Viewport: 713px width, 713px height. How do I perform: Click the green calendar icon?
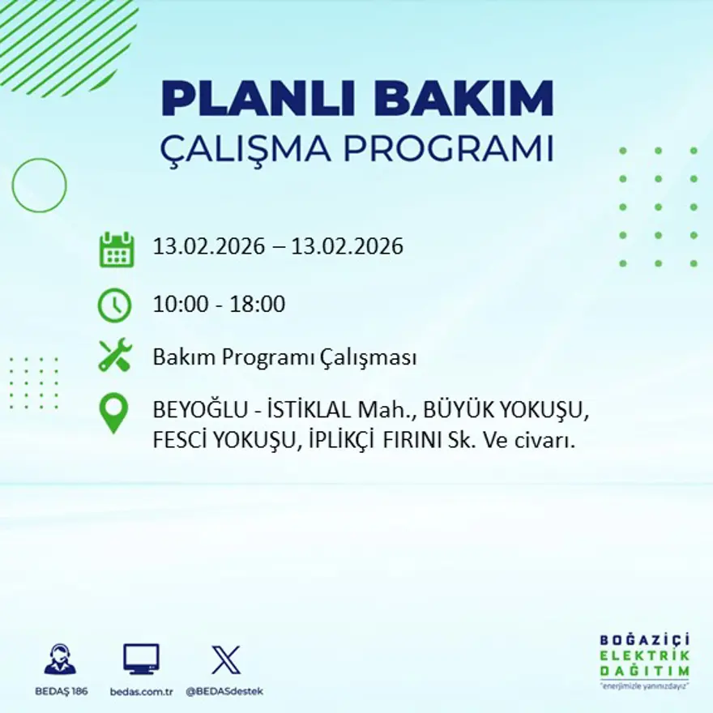[x=116, y=250]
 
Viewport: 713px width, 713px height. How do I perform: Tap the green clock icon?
[x=114, y=305]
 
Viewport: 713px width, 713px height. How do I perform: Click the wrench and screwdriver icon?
[x=115, y=356]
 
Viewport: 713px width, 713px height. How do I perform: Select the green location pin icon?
[x=113, y=412]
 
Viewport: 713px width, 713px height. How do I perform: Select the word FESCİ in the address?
[x=179, y=442]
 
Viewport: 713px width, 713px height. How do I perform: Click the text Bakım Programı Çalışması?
[x=284, y=357]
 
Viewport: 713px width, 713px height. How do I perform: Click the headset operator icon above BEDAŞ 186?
[x=60, y=660]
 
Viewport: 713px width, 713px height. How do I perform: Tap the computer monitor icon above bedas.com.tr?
[x=141, y=659]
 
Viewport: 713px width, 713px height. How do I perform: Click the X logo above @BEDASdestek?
[x=225, y=660]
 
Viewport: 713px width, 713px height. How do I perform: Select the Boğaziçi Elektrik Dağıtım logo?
[x=644, y=660]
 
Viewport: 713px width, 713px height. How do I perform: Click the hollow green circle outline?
[x=39, y=186]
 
